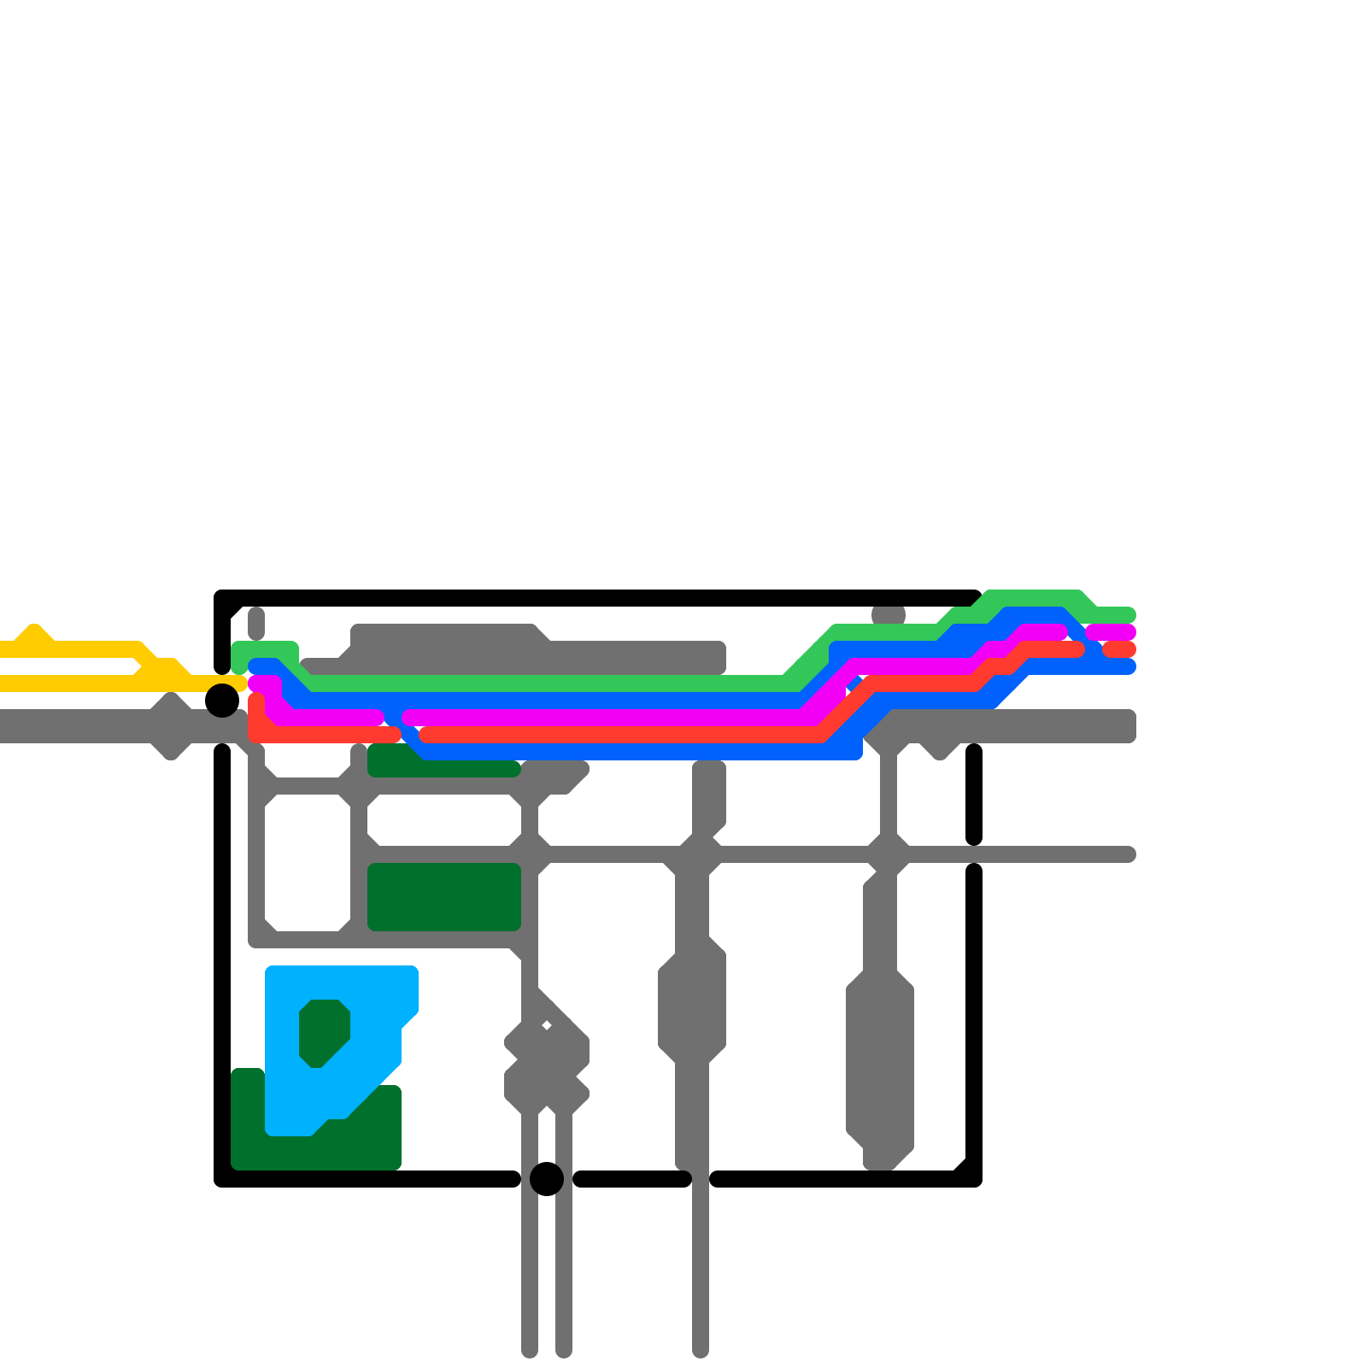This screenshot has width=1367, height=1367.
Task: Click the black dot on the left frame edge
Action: coord(222,701)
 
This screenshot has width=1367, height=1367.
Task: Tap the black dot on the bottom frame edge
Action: coord(547,1179)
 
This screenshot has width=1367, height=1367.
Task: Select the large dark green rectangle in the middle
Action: coord(444,897)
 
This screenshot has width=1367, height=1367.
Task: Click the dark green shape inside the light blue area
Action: coord(325,1032)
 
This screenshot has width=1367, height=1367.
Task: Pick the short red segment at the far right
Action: coord(1119,649)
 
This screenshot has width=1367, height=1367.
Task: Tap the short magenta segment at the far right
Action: coord(1111,632)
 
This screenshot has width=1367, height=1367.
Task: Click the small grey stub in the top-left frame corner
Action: coord(256,623)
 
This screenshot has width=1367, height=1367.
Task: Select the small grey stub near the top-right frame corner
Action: coord(889,615)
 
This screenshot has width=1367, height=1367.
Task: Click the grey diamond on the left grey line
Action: coord(171,726)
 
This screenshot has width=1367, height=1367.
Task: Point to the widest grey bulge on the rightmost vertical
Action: coord(880,1059)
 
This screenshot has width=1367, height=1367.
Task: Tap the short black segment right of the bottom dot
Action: coord(632,1179)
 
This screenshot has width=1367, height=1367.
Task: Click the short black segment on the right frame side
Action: coord(974,795)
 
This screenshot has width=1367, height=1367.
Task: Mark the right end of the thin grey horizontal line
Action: coord(1128,854)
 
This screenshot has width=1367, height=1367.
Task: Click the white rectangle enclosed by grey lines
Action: coord(308,863)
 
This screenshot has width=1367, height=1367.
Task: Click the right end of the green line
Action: coord(1128,615)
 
